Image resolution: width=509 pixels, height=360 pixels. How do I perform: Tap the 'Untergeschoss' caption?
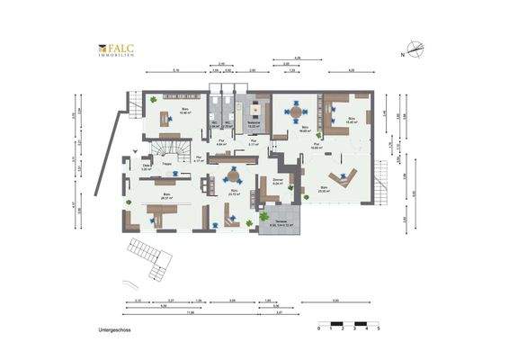(116, 330)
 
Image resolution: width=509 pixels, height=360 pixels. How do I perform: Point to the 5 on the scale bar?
(379, 329)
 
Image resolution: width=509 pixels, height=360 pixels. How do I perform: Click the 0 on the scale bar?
(319, 329)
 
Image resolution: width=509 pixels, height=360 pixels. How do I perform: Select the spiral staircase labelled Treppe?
(166, 148)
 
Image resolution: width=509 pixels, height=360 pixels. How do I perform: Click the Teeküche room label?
(254, 126)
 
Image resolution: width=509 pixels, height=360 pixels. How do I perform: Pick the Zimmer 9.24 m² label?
(277, 182)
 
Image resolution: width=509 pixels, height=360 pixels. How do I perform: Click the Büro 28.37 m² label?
(167, 196)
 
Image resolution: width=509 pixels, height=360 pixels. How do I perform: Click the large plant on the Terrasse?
(263, 216)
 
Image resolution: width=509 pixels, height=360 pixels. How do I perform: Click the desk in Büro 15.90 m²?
(165, 116)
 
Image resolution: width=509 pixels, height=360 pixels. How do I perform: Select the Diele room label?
(146, 167)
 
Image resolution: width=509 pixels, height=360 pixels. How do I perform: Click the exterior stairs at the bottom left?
(153, 261)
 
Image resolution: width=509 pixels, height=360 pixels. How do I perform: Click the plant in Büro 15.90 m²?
(154, 99)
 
